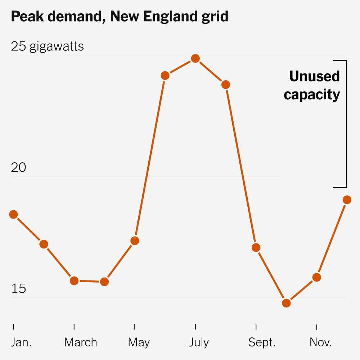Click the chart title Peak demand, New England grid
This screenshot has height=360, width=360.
point(120,17)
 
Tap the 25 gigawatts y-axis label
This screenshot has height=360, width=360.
point(47,46)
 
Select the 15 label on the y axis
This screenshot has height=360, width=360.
point(18,289)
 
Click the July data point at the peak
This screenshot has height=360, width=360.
point(195,58)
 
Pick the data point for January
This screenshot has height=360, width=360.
point(13,215)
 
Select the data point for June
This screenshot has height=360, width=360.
point(165,76)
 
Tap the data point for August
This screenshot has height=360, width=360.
point(226,85)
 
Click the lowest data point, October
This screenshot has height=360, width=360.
point(287,303)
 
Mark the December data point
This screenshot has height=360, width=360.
point(347,200)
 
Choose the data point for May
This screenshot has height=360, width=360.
point(135,241)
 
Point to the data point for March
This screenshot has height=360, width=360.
point(74,281)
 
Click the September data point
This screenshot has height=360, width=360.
point(256,248)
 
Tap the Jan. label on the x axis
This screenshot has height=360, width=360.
point(21,342)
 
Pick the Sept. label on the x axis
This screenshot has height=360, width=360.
point(262,342)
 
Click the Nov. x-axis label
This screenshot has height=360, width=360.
point(320,342)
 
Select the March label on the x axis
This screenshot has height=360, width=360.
point(81,342)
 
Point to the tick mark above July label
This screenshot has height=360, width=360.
point(195,327)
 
